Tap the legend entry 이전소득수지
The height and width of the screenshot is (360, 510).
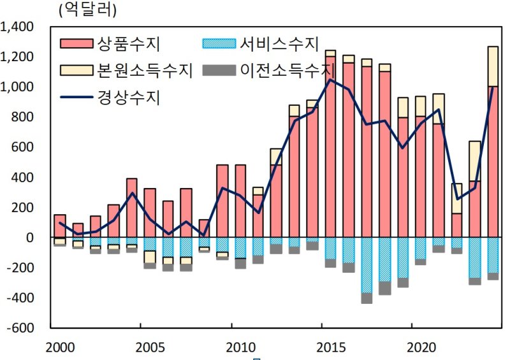288,69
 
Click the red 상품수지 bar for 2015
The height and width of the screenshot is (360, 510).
330,147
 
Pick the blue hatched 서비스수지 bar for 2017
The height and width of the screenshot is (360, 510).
367,264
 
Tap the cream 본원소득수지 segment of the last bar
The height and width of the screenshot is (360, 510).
493,66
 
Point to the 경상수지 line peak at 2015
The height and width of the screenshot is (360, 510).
330,80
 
